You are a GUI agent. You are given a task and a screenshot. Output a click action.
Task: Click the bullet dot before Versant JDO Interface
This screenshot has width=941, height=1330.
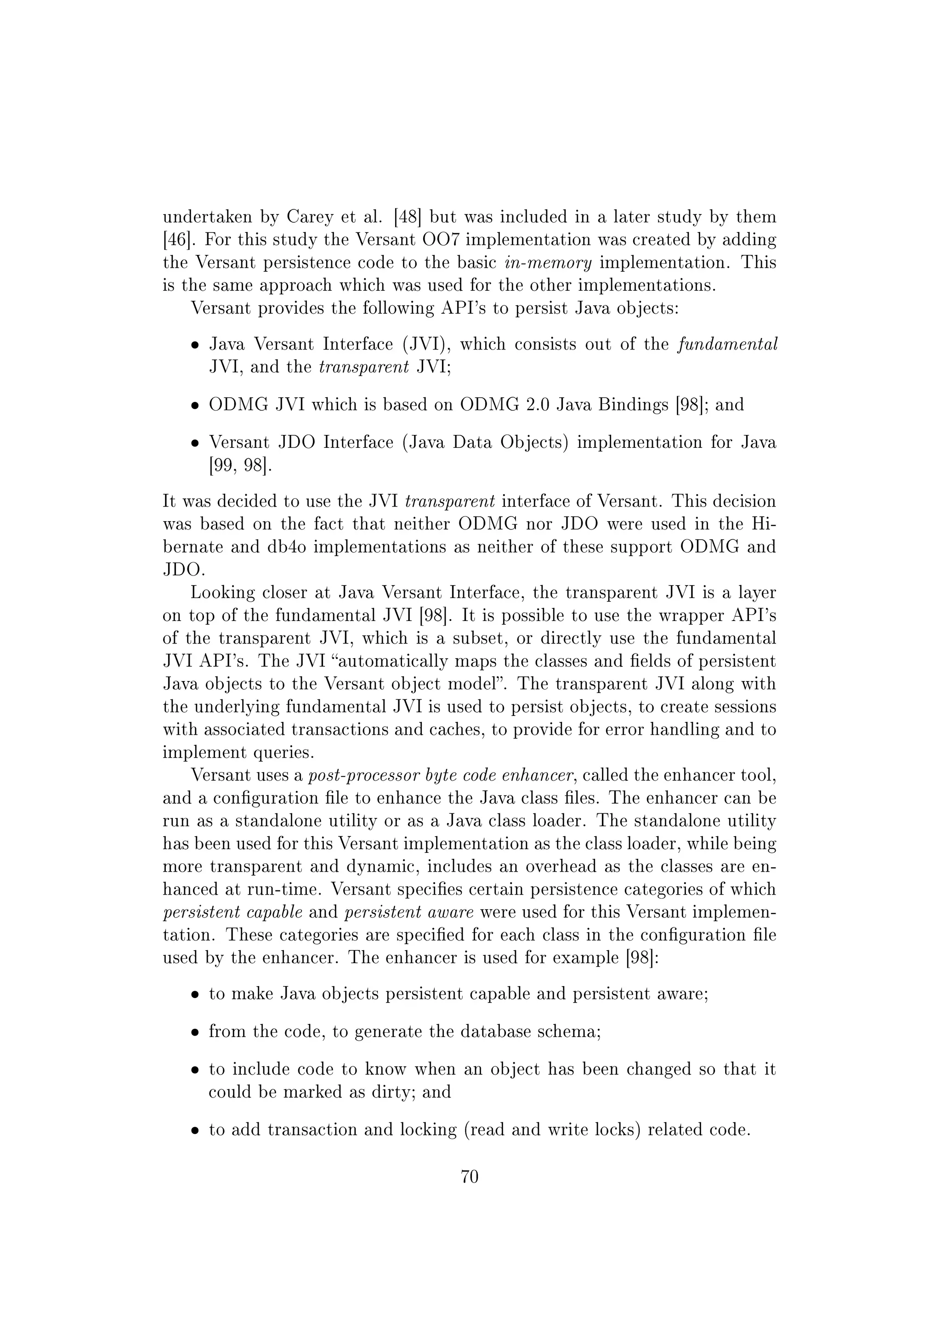point(196,444)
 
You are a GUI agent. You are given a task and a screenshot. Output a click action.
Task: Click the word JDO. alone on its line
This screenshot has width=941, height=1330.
point(184,569)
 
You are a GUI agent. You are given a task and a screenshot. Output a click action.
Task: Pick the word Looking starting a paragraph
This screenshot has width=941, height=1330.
point(222,592)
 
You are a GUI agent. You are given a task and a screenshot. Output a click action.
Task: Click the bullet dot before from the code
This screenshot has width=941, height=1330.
point(196,1033)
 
